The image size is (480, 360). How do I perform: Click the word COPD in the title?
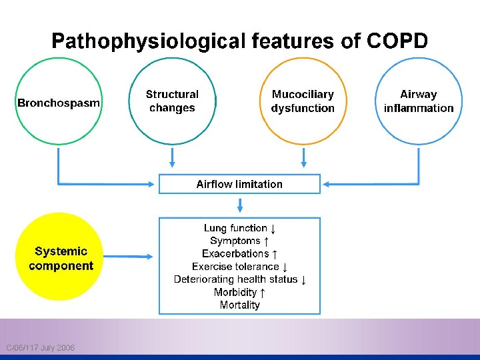(397, 41)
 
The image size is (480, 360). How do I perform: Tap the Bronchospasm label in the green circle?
(59, 103)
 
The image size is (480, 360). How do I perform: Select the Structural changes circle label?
(172, 101)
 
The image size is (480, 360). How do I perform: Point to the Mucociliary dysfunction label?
(303, 101)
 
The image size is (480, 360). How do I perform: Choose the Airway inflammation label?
(418, 101)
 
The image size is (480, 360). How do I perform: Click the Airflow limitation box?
(239, 184)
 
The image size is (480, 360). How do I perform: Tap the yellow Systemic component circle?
(61, 258)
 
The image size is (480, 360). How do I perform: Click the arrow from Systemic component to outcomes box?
(129, 256)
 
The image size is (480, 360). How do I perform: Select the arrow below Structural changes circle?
(173, 157)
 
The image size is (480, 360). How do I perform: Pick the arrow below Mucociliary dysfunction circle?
(304, 157)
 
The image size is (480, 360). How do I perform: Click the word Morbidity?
(235, 292)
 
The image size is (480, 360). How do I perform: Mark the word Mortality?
(239, 305)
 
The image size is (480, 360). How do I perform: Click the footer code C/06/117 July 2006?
(40, 348)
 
